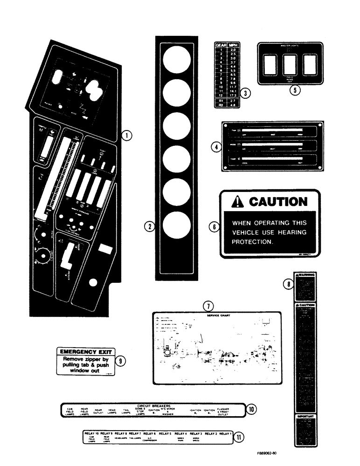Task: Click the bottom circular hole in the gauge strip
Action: click(177, 226)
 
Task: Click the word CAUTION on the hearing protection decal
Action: click(278, 202)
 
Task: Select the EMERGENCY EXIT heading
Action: click(85, 352)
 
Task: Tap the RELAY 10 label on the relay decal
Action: click(92, 433)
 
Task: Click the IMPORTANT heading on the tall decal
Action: click(305, 417)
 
